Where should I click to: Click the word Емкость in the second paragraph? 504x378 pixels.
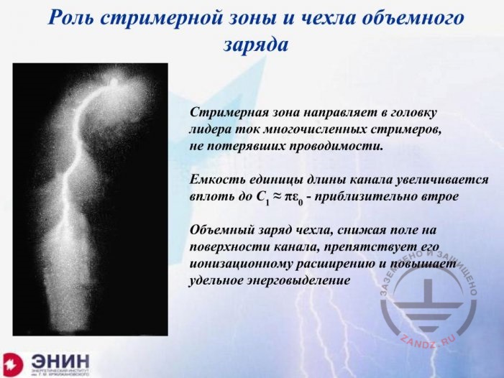pos(215,179)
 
